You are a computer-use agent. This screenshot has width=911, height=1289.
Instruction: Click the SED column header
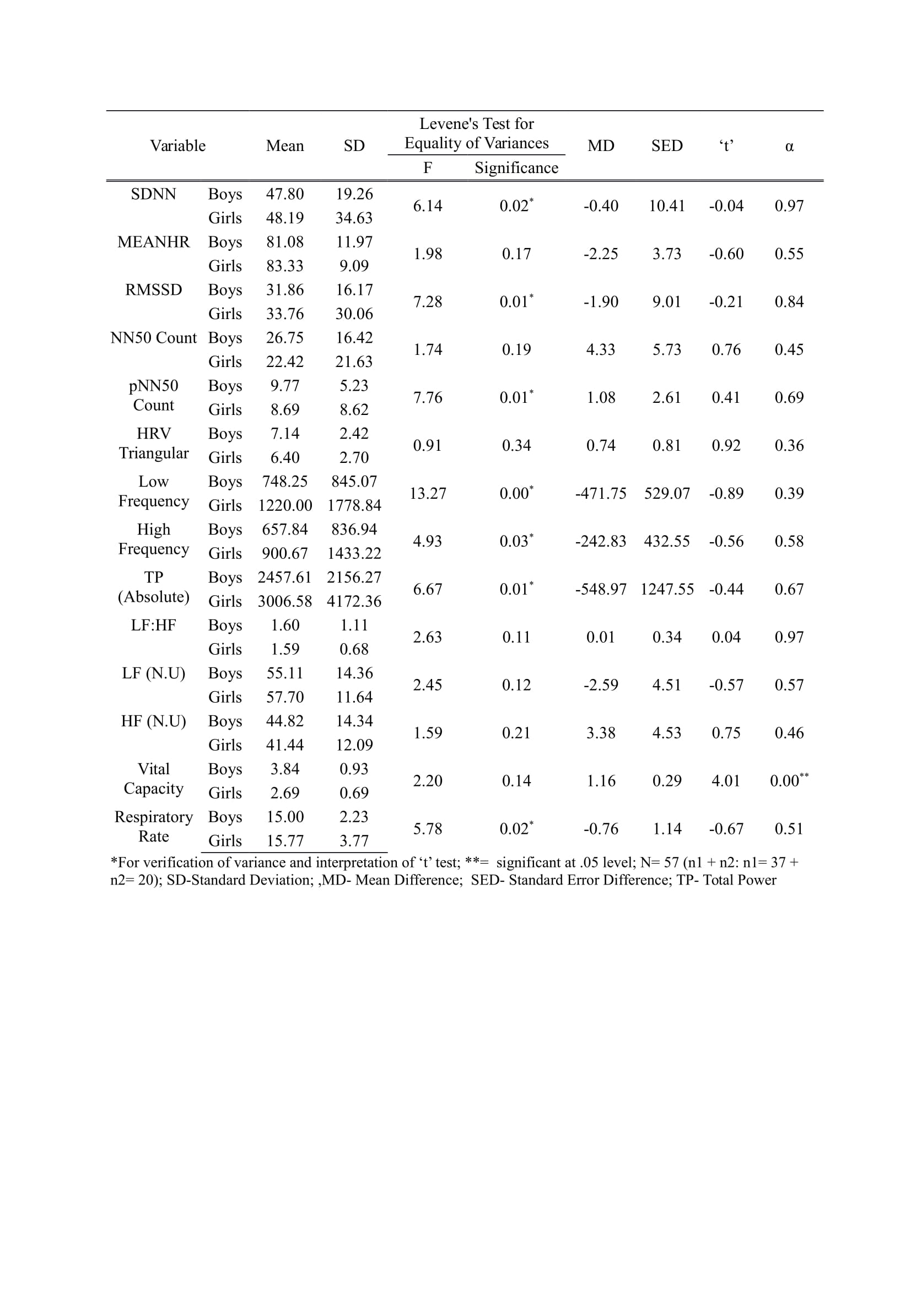pyautogui.click(x=666, y=146)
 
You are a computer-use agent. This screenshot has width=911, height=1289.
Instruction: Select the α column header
pyautogui.click(x=789, y=147)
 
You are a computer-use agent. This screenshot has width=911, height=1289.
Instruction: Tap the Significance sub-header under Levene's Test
pyautogui.click(x=516, y=168)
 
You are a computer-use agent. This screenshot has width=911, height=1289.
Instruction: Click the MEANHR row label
pyautogui.click(x=153, y=242)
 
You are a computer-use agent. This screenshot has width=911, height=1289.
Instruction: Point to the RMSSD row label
pyautogui.click(x=153, y=290)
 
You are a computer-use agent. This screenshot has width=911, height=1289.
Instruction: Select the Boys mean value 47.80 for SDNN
pyautogui.click(x=284, y=194)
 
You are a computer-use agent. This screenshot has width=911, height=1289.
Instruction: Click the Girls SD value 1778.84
pyautogui.click(x=354, y=505)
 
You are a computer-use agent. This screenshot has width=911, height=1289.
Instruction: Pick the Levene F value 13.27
pyautogui.click(x=427, y=493)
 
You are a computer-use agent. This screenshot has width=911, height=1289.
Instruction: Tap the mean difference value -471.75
pyautogui.click(x=600, y=493)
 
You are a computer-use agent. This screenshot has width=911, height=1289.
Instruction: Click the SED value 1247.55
pyautogui.click(x=666, y=590)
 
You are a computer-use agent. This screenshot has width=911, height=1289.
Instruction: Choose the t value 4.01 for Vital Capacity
pyautogui.click(x=725, y=781)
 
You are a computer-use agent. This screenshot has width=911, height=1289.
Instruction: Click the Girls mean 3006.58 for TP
pyautogui.click(x=284, y=601)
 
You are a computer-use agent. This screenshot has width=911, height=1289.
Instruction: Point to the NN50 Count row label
pyautogui.click(x=153, y=338)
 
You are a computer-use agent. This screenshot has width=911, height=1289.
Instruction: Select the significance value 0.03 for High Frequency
pyautogui.click(x=515, y=541)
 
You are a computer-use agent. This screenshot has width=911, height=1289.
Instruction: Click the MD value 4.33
pyautogui.click(x=600, y=350)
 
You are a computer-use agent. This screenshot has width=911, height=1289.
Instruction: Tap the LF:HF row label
pyautogui.click(x=153, y=625)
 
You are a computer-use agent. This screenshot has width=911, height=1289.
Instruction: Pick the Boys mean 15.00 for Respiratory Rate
pyautogui.click(x=284, y=817)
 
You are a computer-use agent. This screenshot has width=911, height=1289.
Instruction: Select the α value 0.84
pyautogui.click(x=789, y=302)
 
